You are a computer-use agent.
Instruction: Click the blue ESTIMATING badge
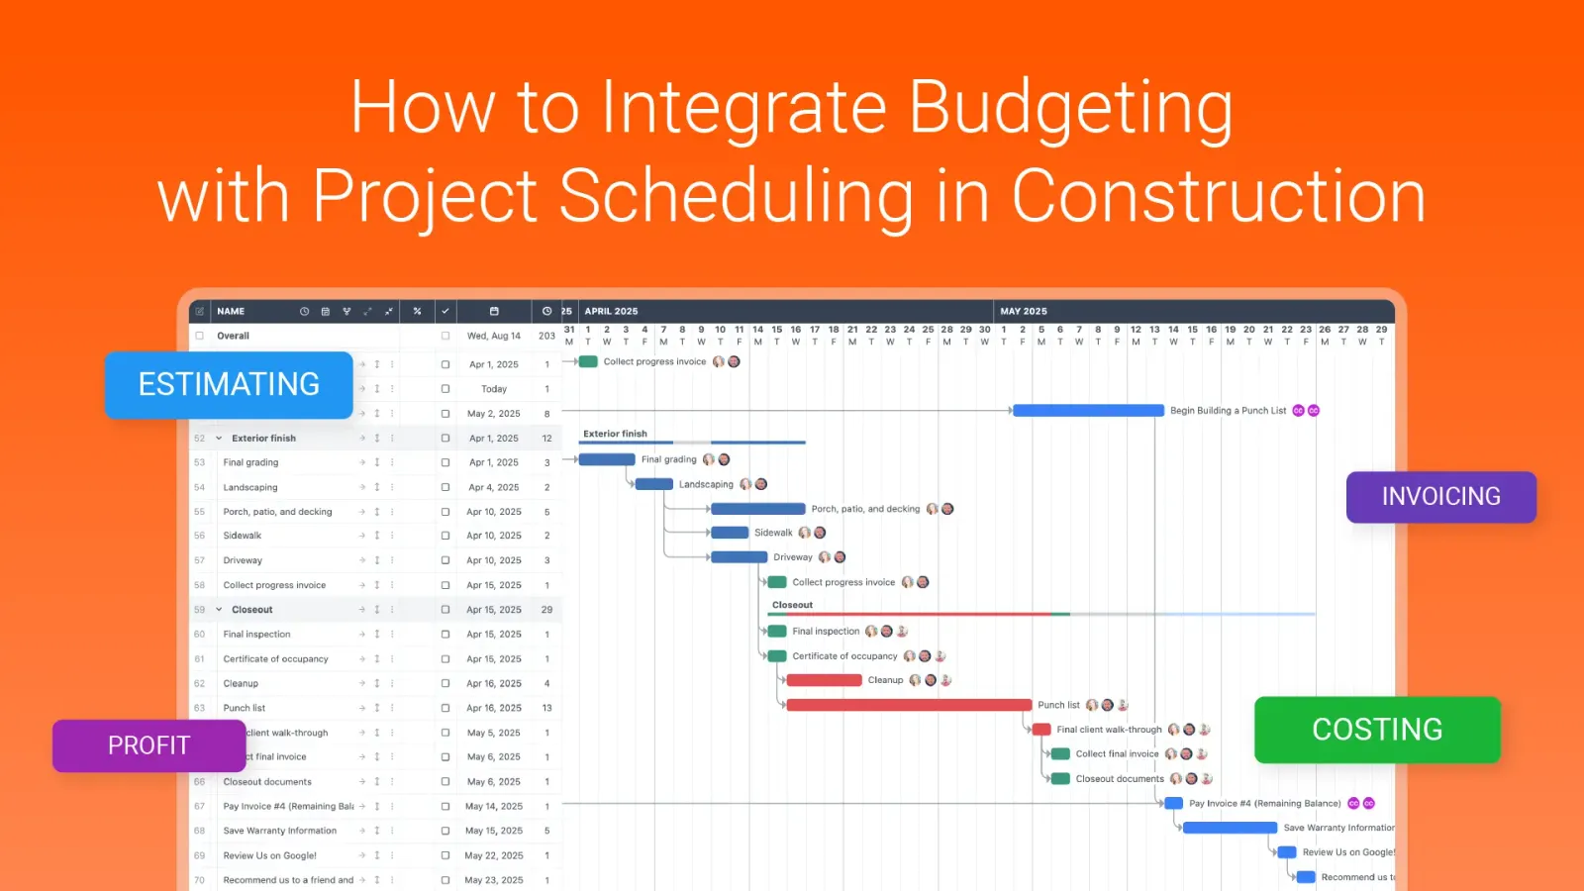tap(229, 384)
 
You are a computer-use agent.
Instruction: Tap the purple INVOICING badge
tap(1440, 497)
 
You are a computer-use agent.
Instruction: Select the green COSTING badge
tap(1376, 730)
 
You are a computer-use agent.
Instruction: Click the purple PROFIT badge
tap(148, 745)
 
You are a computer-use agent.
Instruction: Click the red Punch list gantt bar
tap(908, 705)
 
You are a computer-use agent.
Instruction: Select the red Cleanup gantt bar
tap(824, 680)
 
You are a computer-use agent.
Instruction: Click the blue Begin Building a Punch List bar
tap(1087, 410)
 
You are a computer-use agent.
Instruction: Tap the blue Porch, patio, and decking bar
tap(757, 509)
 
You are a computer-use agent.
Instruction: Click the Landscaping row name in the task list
tap(250, 487)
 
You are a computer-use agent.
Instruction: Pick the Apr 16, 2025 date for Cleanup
tap(494, 683)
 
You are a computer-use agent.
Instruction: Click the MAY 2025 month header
tap(1023, 311)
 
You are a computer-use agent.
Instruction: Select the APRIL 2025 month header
tap(611, 311)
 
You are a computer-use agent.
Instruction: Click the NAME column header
tap(231, 311)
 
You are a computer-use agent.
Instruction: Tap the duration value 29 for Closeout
tap(546, 610)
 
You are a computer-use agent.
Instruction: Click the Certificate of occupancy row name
tap(275, 658)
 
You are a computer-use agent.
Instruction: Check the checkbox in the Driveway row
tap(445, 560)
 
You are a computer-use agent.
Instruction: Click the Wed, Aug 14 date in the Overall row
tap(493, 336)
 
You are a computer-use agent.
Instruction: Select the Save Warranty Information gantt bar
tap(1229, 828)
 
